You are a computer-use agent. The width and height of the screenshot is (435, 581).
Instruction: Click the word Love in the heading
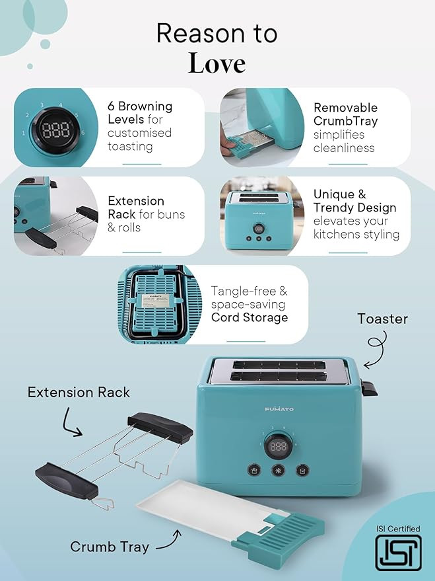217,63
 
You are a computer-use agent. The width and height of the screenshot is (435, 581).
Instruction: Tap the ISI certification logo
398,552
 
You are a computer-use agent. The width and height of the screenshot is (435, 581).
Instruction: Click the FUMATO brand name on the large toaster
279,408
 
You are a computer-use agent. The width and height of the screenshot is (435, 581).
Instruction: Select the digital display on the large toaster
278,446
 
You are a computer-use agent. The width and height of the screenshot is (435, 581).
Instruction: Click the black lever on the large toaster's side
369,388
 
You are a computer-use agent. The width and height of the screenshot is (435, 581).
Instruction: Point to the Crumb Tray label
110,547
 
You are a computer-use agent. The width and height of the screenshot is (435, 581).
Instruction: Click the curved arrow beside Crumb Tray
169,541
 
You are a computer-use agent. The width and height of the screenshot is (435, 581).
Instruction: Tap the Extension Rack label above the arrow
79,392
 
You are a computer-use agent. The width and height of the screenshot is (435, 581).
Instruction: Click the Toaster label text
382,319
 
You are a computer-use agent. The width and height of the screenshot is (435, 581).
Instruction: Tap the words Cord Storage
250,317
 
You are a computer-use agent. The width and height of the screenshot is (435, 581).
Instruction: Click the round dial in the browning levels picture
55,130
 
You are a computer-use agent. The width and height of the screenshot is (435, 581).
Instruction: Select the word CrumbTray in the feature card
345,121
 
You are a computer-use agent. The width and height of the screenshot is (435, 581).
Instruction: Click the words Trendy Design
354,208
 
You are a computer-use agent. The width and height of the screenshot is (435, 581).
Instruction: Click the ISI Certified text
398,529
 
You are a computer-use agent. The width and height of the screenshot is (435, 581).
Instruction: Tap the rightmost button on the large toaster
302,471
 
